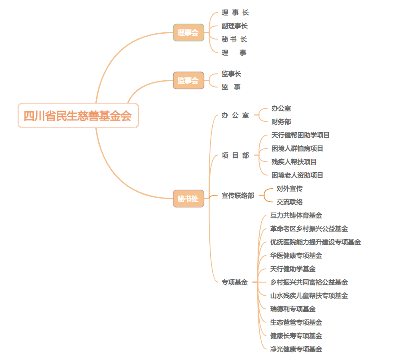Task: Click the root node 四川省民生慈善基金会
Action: click(x=78, y=116)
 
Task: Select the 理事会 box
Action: click(x=188, y=33)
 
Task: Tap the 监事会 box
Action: click(x=188, y=80)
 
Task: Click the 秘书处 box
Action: click(x=188, y=199)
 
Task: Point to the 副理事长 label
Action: click(x=235, y=26)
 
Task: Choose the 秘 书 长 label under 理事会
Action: click(x=234, y=40)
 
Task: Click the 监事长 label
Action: click(x=231, y=74)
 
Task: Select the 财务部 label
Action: click(x=281, y=122)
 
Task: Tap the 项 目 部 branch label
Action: click(x=235, y=155)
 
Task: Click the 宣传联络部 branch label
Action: click(x=238, y=196)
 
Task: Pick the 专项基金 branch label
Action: click(x=235, y=282)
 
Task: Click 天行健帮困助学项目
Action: click(x=300, y=135)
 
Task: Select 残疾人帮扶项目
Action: click(x=294, y=162)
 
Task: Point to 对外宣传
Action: click(x=290, y=189)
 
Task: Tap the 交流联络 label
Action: click(x=290, y=202)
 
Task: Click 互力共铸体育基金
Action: click(x=296, y=215)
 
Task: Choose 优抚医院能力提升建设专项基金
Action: click(x=315, y=242)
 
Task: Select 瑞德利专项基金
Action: click(x=293, y=309)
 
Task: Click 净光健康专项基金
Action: click(x=296, y=349)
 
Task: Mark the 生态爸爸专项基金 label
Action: click(x=296, y=322)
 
